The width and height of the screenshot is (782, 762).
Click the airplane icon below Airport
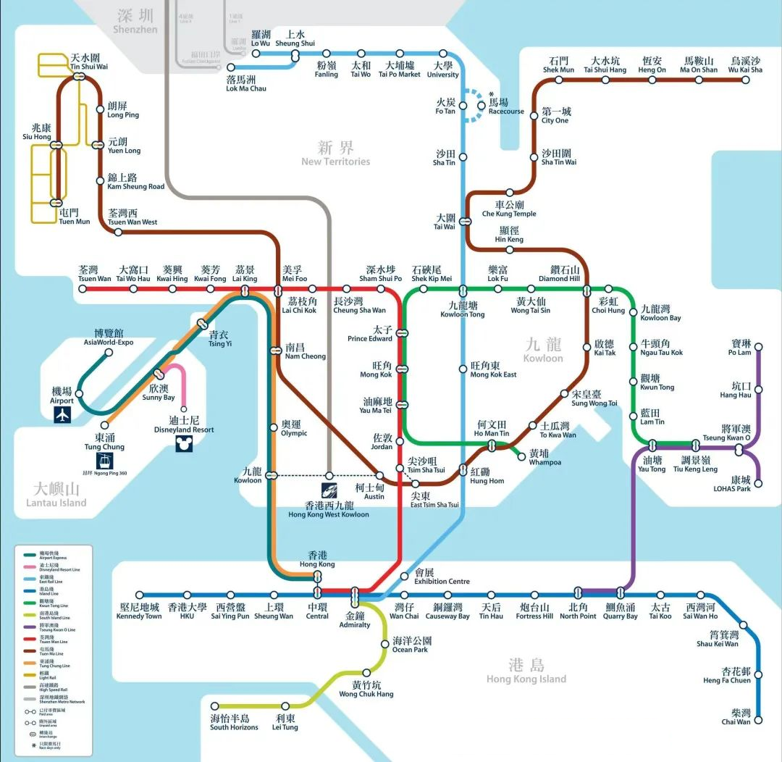[x=64, y=415]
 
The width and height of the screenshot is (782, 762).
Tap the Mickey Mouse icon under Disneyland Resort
[x=184, y=444]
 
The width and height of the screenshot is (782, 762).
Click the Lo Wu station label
[x=261, y=38]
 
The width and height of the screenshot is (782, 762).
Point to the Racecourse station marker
[x=482, y=106]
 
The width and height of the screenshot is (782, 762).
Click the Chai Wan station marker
[x=759, y=721]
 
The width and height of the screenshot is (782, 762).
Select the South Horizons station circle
[x=215, y=706]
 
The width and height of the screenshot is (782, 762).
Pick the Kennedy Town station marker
[x=140, y=595]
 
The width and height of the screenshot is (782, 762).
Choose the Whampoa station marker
[x=521, y=456]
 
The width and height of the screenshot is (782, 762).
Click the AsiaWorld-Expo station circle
[x=109, y=353]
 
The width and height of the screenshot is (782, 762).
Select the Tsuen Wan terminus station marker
[x=83, y=288]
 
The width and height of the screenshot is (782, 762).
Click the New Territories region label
[x=335, y=153]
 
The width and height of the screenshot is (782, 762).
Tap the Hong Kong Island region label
[x=526, y=671]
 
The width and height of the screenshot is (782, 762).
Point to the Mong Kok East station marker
[x=463, y=369]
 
